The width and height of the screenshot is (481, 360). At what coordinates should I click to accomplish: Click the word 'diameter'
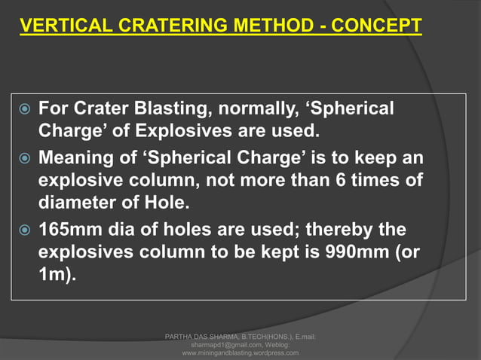73,205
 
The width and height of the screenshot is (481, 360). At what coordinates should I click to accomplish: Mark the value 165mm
64,229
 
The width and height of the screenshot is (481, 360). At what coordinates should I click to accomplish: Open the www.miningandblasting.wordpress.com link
240,352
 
